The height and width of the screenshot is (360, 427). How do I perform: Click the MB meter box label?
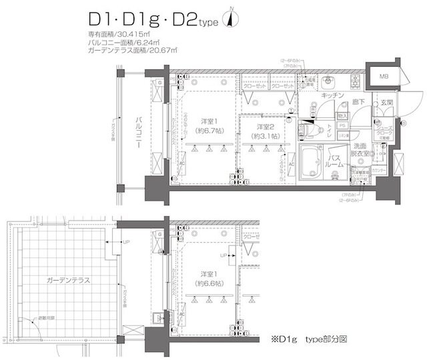point(384,75)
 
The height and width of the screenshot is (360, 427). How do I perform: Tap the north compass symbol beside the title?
point(232,19)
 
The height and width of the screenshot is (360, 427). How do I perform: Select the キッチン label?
point(332,96)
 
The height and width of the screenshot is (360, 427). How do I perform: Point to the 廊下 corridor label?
point(358,101)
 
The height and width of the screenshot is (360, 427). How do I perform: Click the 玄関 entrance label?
point(386,102)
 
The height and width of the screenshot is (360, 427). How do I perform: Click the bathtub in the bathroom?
point(310,162)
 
